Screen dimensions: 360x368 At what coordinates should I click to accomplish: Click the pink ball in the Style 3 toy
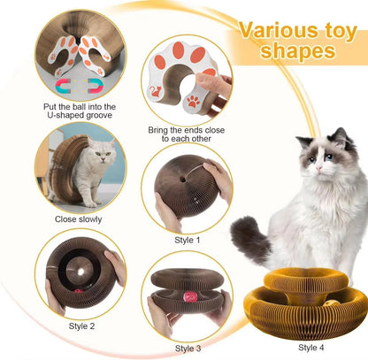[x=188, y=295]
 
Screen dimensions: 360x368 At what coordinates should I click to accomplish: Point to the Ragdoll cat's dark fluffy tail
[x=249, y=241]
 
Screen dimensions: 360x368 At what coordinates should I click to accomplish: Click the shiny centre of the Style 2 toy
[x=80, y=268]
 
